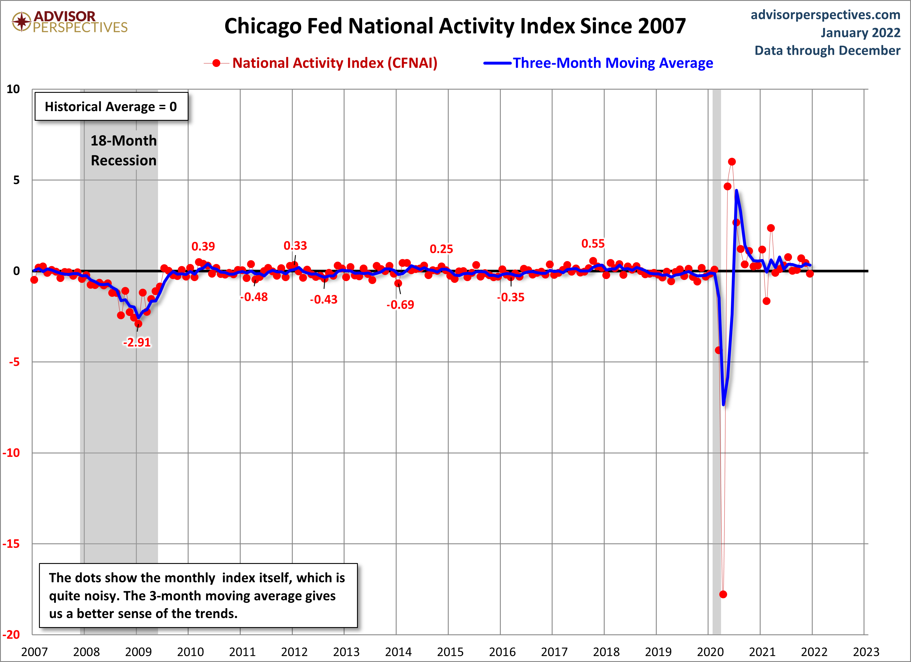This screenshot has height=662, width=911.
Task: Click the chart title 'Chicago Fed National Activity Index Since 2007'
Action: click(x=455, y=26)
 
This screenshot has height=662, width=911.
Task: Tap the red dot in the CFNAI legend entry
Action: click(x=216, y=63)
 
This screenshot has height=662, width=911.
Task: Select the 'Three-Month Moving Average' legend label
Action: click(x=613, y=63)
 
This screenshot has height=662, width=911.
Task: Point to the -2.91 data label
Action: click(x=136, y=342)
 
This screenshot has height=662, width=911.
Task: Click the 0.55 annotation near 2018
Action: click(x=593, y=244)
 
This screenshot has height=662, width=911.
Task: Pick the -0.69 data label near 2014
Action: click(x=400, y=304)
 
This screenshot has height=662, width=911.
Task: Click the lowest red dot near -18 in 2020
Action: click(x=723, y=594)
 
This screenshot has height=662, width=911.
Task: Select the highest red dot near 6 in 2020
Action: click(x=731, y=161)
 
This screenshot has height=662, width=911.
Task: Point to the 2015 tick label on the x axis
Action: click(x=450, y=652)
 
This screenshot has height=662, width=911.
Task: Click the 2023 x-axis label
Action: click(x=866, y=652)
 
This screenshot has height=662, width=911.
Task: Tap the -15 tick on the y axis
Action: click(x=11, y=544)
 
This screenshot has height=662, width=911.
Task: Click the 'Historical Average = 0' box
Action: click(x=111, y=107)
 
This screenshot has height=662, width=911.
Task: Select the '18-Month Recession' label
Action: click(x=124, y=150)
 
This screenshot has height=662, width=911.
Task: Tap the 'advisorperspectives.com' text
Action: click(x=825, y=15)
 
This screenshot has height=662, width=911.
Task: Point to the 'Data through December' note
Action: click(x=827, y=51)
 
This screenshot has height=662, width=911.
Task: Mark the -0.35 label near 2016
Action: click(x=511, y=297)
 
